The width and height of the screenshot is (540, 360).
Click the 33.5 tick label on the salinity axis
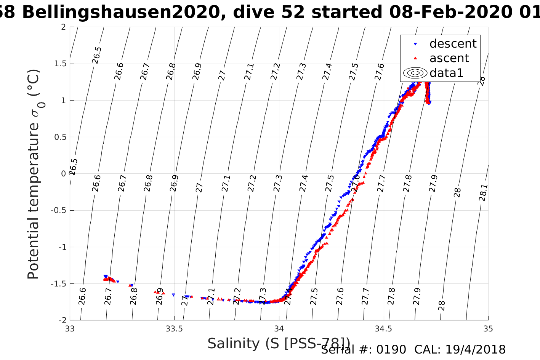[x=174, y=329]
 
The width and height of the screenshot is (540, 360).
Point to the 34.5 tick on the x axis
[x=383, y=329]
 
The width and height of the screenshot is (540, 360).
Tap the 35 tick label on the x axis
[x=488, y=329]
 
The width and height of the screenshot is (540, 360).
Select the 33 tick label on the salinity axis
[x=70, y=329]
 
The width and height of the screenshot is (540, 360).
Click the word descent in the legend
[x=453, y=44]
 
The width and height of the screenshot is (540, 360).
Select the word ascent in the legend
[x=449, y=58]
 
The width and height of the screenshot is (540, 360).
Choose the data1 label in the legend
[x=446, y=73]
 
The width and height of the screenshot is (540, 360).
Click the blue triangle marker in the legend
[x=415, y=44]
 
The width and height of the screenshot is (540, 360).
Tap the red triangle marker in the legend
[x=415, y=58]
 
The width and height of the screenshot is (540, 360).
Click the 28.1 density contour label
[x=483, y=193]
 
